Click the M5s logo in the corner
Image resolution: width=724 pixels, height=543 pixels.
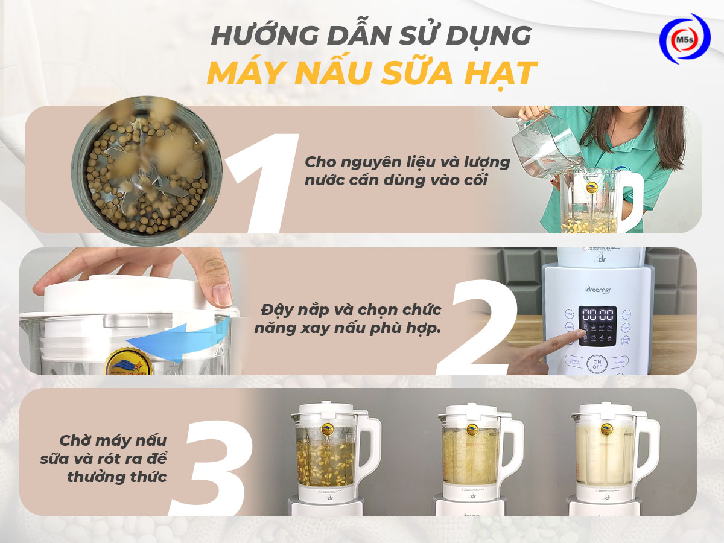click(x=684, y=39)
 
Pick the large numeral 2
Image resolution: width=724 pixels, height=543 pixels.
click(x=478, y=326)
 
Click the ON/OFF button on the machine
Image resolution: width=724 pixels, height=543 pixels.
click(x=597, y=363)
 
